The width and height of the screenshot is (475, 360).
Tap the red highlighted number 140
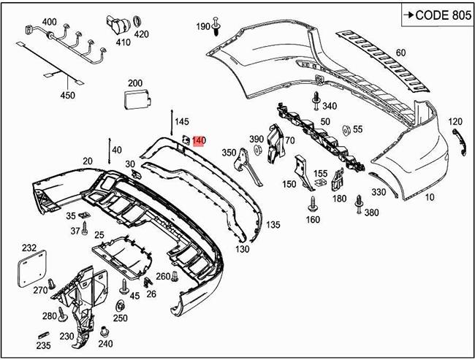point(199,140)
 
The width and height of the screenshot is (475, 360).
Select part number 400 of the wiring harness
point(49,21)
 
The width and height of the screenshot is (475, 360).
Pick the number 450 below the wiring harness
point(66,95)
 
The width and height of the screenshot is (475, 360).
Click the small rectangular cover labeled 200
point(133,99)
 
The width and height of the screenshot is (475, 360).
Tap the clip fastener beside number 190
point(219,27)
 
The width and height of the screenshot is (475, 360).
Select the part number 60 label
point(400,53)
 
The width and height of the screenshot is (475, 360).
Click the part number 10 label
point(429,197)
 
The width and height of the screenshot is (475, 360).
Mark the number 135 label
point(273,224)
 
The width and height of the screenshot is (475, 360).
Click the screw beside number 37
point(85,229)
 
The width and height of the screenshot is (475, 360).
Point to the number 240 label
point(105,344)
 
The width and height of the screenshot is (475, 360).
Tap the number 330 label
point(378,193)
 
